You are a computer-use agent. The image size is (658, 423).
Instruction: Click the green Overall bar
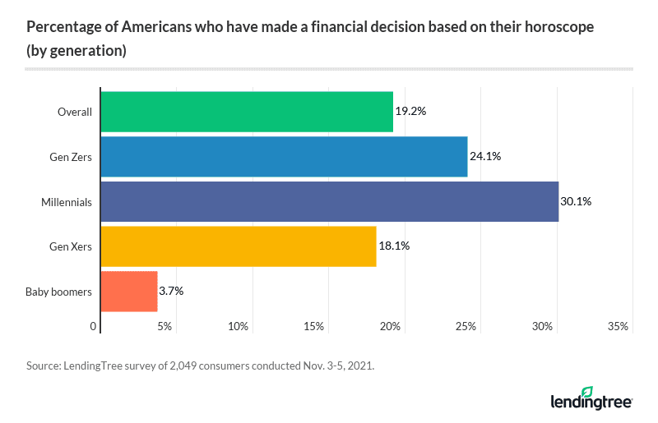pyautogui.click(x=246, y=113)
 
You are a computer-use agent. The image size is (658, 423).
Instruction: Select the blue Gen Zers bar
pyautogui.click(x=283, y=157)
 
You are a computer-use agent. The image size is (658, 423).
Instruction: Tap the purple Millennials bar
pyautogui.click(x=329, y=201)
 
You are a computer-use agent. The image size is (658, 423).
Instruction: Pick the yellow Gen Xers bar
pyautogui.click(x=238, y=246)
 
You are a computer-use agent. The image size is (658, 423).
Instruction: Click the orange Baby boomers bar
pyautogui.click(x=128, y=291)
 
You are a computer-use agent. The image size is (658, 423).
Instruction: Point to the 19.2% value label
pyautogui.click(x=410, y=113)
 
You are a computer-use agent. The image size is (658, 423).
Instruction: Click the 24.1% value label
pyautogui.click(x=484, y=157)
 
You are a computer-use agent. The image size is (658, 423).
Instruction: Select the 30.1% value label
pyautogui.click(x=576, y=201)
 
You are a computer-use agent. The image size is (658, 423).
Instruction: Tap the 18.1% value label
pyautogui.click(x=393, y=246)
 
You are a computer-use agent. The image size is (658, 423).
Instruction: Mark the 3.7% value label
pyautogui.click(x=171, y=291)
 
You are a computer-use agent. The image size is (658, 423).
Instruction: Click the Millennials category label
pyautogui.click(x=67, y=201)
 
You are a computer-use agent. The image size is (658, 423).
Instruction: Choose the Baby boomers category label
pyautogui.click(x=58, y=291)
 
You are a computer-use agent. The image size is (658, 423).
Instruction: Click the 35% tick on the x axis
pyautogui.click(x=618, y=327)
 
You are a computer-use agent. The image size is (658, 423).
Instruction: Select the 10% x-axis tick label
pyautogui.click(x=239, y=327)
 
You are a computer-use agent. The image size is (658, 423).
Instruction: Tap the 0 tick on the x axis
pyautogui.click(x=94, y=327)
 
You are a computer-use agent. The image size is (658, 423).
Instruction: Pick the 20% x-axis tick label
pyautogui.click(x=390, y=327)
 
